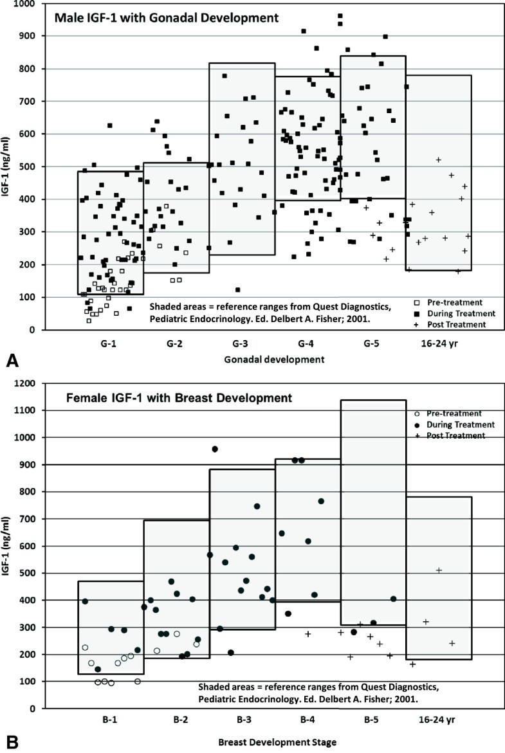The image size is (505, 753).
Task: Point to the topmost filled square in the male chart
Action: click(x=340, y=16)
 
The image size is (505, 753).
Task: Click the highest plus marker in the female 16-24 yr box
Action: click(x=439, y=570)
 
